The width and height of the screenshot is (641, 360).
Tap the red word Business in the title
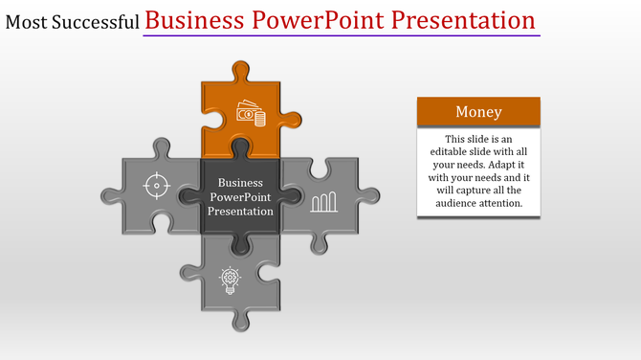tap(198, 20)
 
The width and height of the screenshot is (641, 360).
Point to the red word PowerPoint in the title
tap(322, 20)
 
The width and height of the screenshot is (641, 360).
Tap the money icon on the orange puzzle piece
tap(251, 115)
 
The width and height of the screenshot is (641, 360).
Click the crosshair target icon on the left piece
tap(157, 185)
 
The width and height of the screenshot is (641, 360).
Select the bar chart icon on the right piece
tap(323, 200)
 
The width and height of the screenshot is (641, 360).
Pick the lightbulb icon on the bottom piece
tap(230, 279)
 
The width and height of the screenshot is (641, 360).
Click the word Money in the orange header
tap(478, 112)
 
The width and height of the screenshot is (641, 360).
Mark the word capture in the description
tap(471, 190)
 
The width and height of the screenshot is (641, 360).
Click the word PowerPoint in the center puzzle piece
tap(240, 196)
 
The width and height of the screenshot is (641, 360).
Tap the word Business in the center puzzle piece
tap(240, 182)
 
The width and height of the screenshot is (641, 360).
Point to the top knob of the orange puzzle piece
tap(240, 70)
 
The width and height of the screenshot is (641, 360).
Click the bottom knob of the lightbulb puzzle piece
tap(240, 321)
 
